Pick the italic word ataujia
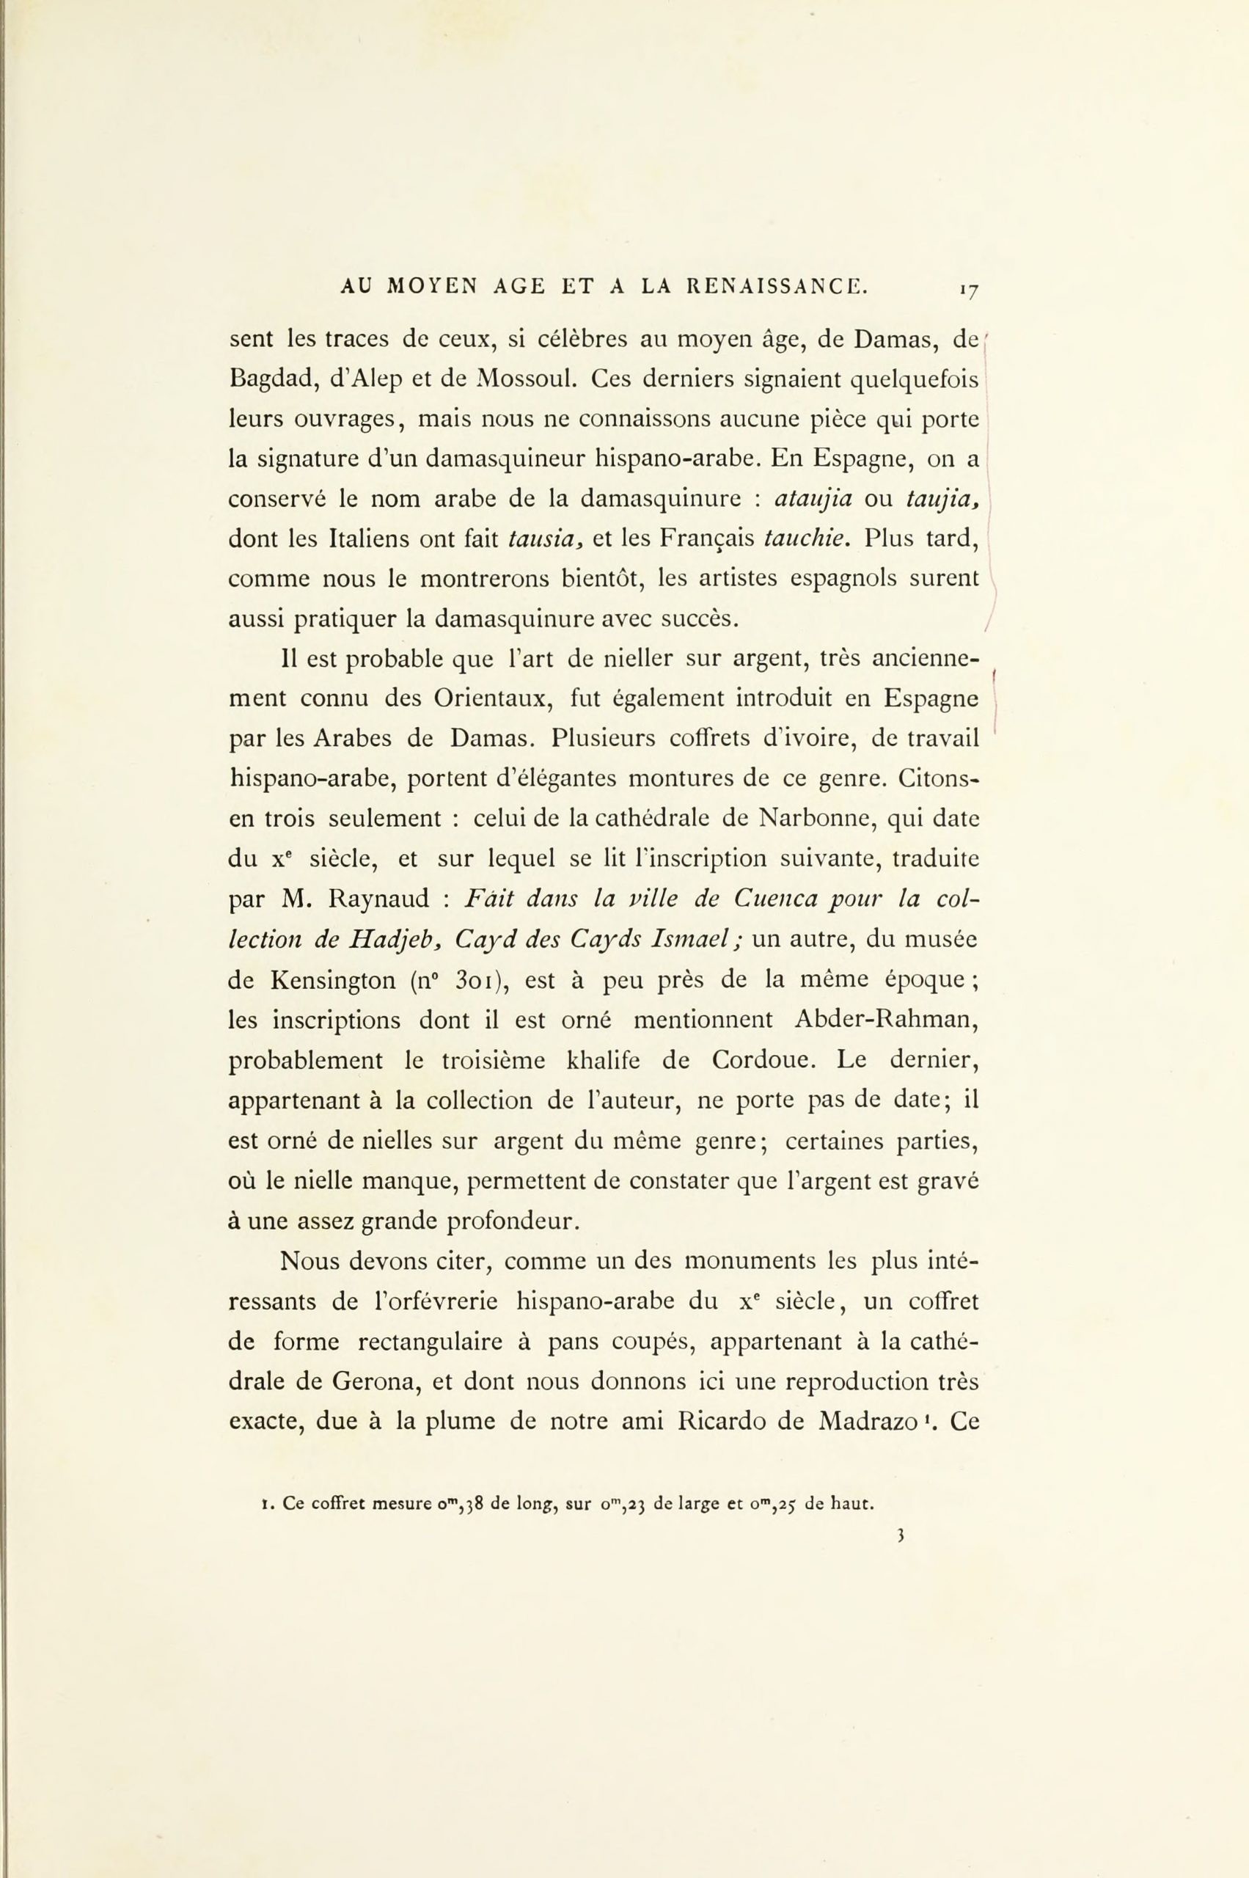click(815, 499)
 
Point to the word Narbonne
click(814, 817)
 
